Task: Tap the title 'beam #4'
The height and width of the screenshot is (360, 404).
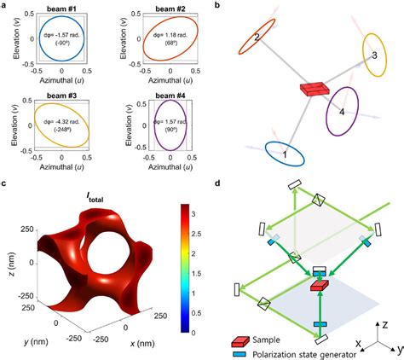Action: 166,93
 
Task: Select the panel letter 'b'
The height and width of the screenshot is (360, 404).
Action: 219,6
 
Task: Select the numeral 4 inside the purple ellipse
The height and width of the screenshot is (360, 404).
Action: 343,111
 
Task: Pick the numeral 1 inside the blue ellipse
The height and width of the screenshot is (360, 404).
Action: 285,153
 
